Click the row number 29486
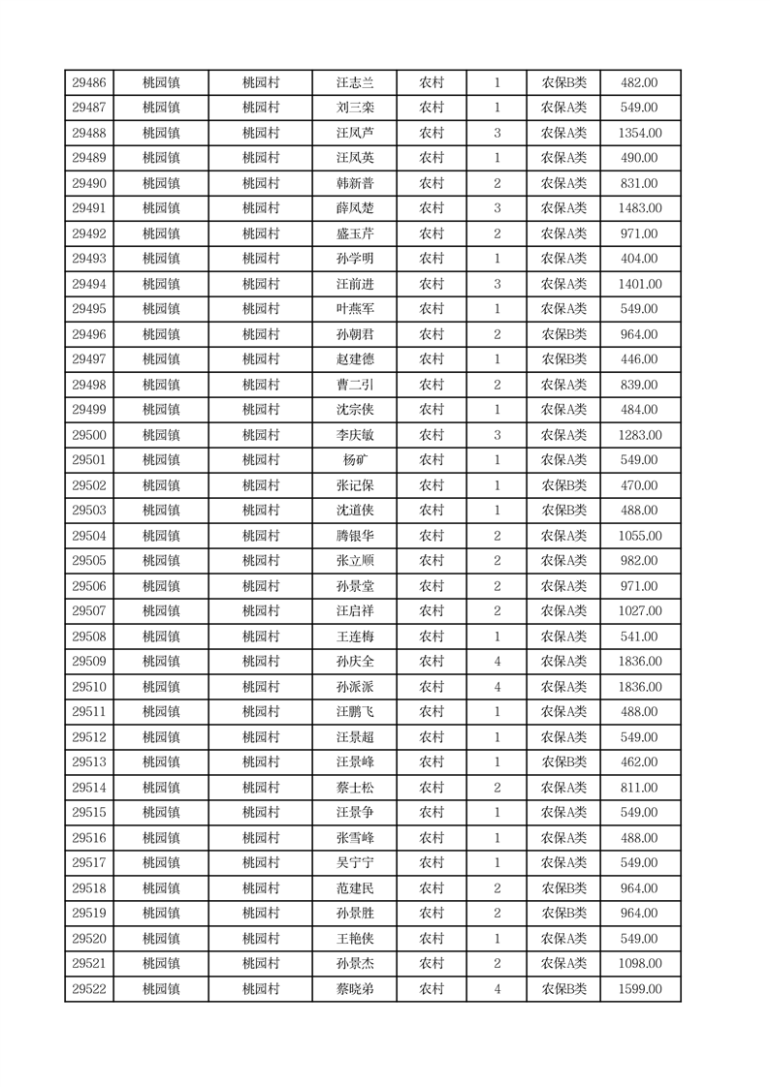[89, 82]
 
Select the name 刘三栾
[354, 108]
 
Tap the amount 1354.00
[639, 133]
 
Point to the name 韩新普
[354, 183]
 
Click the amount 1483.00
[639, 208]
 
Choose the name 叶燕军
[354, 309]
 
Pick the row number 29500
[89, 435]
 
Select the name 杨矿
[354, 460]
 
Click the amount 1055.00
[639, 536]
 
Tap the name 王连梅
[354, 637]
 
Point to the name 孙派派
[354, 687]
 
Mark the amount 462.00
[639, 762]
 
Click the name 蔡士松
[354, 788]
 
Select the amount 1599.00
[639, 989]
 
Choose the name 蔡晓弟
[354, 989]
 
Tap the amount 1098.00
[639, 964]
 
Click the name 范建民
[354, 888]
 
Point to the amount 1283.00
[639, 435]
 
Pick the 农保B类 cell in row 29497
[563, 359]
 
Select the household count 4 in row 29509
[497, 662]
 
